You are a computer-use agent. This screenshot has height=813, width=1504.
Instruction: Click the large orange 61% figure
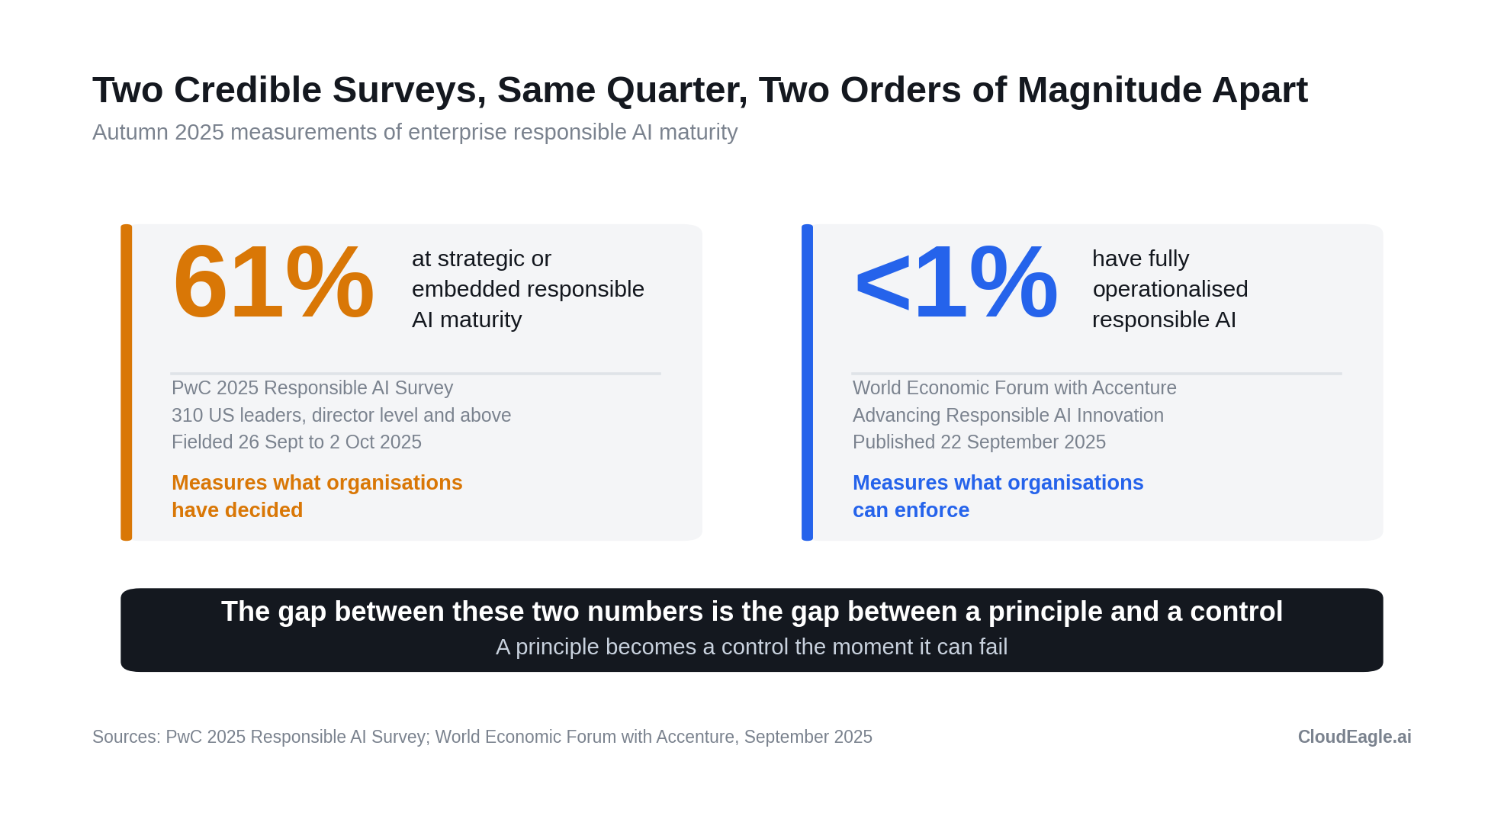(x=273, y=282)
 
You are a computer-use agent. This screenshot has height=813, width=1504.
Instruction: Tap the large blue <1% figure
(x=956, y=282)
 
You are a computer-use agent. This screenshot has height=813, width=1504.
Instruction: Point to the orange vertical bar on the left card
(x=127, y=382)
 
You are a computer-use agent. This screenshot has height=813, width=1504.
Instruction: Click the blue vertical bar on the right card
(x=807, y=382)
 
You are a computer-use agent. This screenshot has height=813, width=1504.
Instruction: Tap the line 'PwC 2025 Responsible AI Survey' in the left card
(x=312, y=388)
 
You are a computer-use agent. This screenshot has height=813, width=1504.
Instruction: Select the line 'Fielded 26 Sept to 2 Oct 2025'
(x=297, y=442)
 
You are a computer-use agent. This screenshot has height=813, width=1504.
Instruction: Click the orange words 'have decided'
(x=237, y=510)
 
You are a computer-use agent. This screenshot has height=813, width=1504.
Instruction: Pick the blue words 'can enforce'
(x=911, y=510)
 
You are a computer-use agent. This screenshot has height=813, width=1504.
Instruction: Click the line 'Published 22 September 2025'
(x=979, y=442)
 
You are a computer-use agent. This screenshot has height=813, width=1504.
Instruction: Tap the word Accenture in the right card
(x=1134, y=388)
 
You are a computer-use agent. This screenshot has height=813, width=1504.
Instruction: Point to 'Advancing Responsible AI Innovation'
(x=1008, y=415)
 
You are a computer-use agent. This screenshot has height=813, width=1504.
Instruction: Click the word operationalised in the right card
(x=1170, y=290)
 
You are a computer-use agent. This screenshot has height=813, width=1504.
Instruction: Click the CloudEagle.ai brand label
(x=1355, y=737)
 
